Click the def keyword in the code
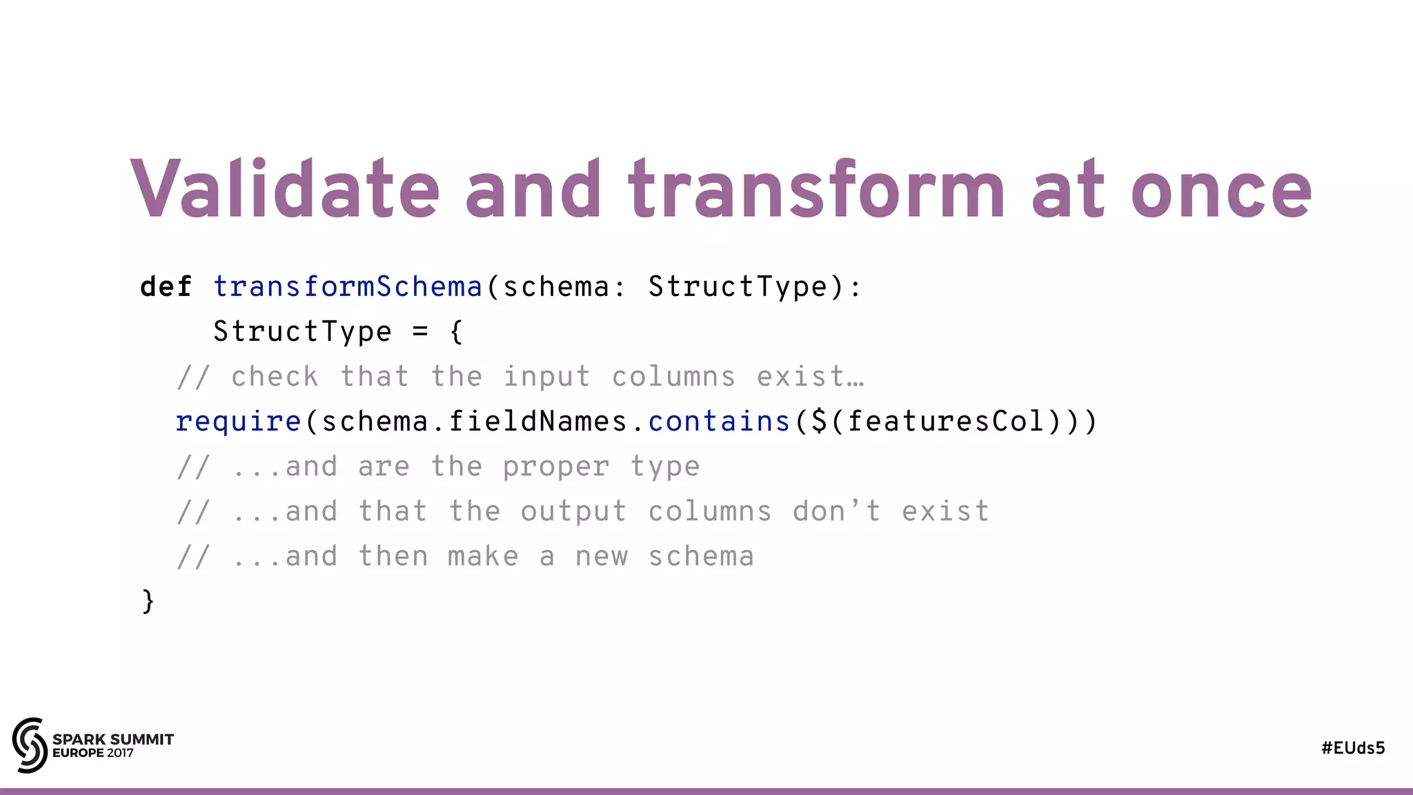tap(166, 286)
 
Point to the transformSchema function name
tap(348, 286)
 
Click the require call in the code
tap(238, 421)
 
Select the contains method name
tap(719, 421)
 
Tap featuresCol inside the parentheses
tap(945, 421)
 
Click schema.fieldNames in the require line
tap(475, 421)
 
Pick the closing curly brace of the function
tap(148, 601)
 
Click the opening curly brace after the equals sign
tap(456, 332)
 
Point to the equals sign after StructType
tap(420, 332)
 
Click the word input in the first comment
tap(546, 377)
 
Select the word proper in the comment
tap(556, 467)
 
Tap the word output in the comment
tap(573, 511)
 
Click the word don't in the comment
tap(836, 511)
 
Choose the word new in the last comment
tap(602, 556)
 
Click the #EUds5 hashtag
tap(1353, 748)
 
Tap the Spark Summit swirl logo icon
tap(30, 745)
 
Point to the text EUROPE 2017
tap(93, 753)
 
